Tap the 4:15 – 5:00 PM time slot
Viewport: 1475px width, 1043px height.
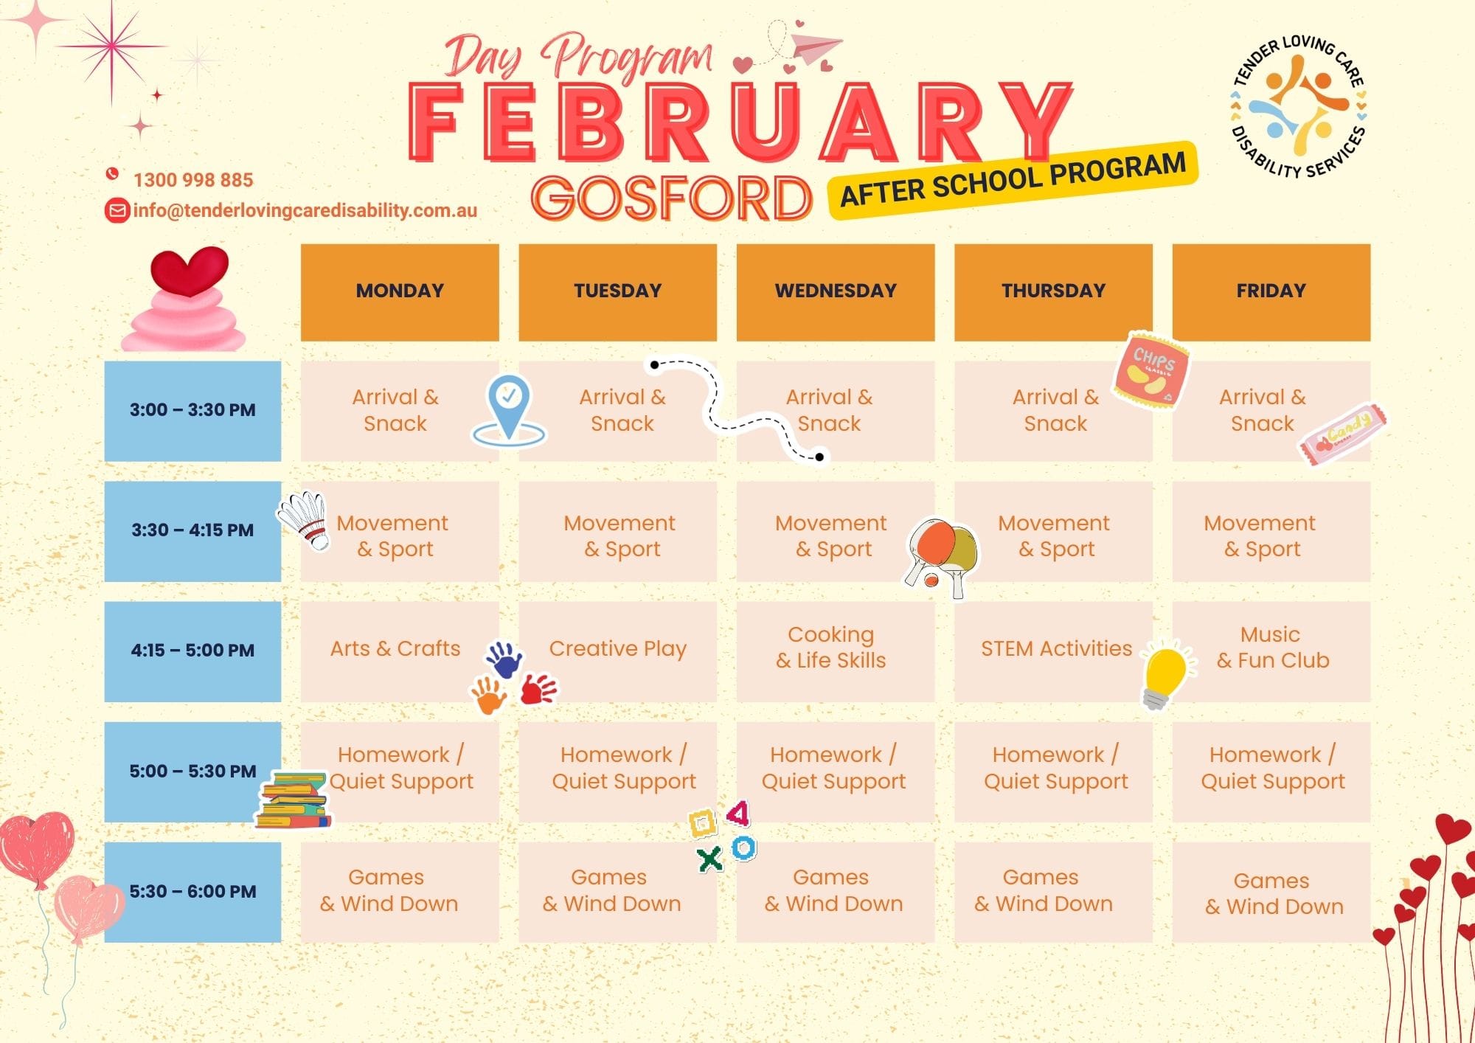pyautogui.click(x=192, y=651)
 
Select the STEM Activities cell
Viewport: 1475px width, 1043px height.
pyautogui.click(x=1054, y=651)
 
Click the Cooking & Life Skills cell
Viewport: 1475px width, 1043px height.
pyautogui.click(x=836, y=651)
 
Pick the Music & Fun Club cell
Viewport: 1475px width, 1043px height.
pyautogui.click(x=1271, y=651)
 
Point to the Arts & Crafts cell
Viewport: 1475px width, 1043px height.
pyautogui.click(x=400, y=651)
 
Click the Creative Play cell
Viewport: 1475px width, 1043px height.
pyautogui.click(x=618, y=651)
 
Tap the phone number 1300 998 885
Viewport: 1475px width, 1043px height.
pyautogui.click(x=193, y=180)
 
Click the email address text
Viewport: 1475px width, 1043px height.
pyautogui.click(x=305, y=210)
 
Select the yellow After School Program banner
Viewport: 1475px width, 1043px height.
pyautogui.click(x=1013, y=181)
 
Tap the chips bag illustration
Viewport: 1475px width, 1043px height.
pyautogui.click(x=1151, y=370)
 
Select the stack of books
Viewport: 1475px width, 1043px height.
pyautogui.click(x=294, y=800)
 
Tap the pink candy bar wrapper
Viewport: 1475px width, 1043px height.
pyautogui.click(x=1342, y=434)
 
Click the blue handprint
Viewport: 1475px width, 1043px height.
pyautogui.click(x=504, y=659)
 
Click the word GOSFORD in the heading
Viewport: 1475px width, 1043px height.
pyautogui.click(x=672, y=198)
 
